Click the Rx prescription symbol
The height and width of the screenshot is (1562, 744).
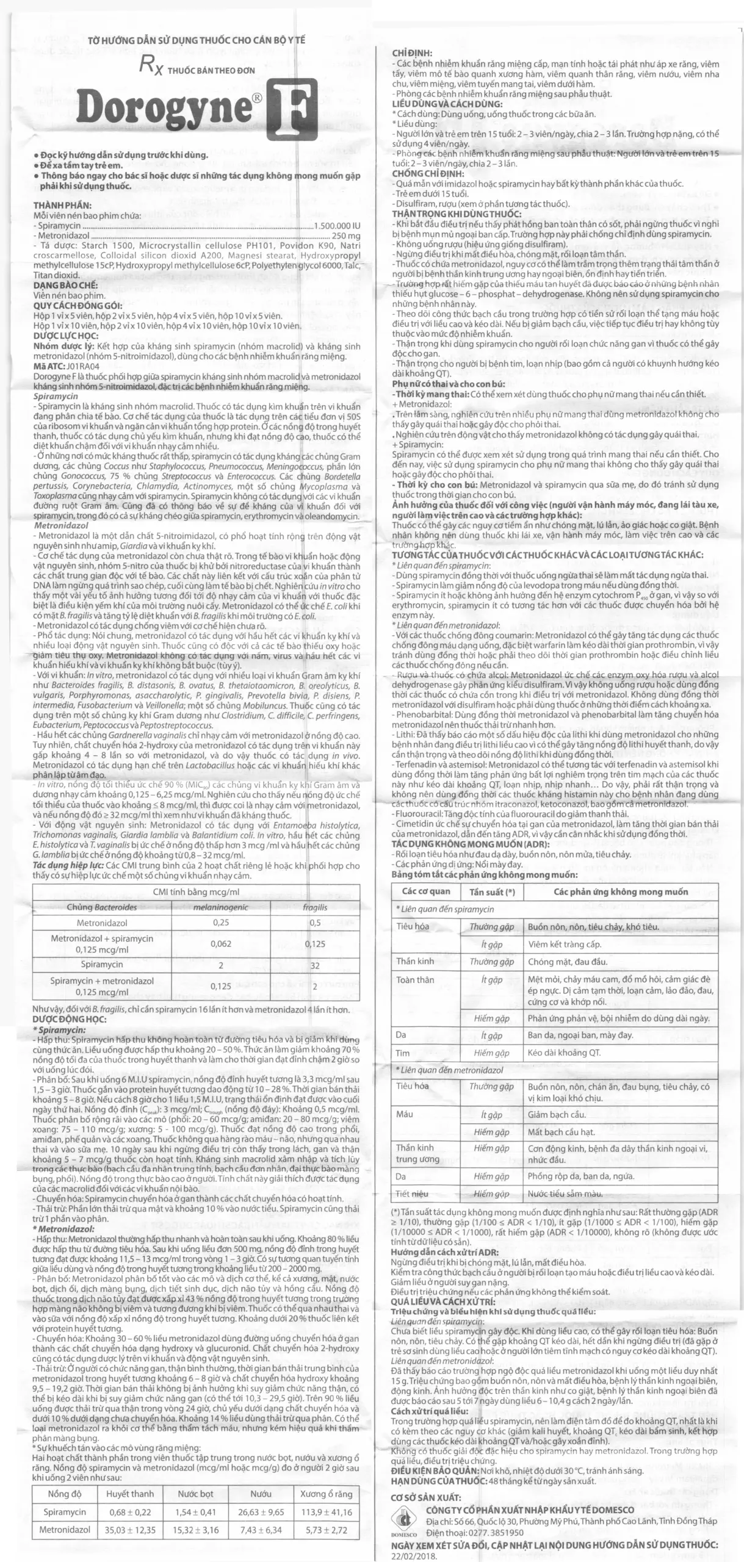[150, 65]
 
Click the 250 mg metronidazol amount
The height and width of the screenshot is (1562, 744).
[346, 236]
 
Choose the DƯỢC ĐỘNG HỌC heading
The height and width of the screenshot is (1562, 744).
[70, 1018]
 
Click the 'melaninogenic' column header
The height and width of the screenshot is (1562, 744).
[220, 907]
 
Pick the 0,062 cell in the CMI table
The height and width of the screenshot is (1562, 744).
[220, 943]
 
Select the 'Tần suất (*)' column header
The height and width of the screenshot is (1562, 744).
[492, 891]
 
